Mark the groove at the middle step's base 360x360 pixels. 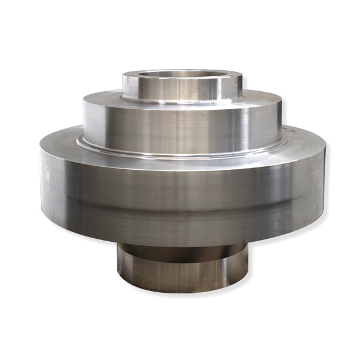click(180, 154)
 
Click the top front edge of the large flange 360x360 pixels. click(180, 161)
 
